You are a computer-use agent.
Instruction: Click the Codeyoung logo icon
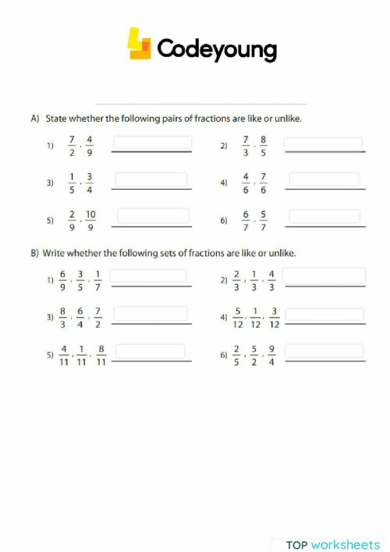pyautogui.click(x=140, y=45)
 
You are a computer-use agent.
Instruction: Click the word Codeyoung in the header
pyautogui.click(x=217, y=49)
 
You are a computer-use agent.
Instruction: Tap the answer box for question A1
pyautogui.click(x=153, y=144)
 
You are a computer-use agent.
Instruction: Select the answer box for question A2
pyautogui.click(x=323, y=144)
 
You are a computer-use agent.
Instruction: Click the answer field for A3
pyautogui.click(x=153, y=180)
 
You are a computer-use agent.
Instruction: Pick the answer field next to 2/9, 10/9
pyautogui.click(x=153, y=215)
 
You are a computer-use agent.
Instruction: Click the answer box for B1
pyautogui.click(x=149, y=276)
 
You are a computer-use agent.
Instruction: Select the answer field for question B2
pyautogui.click(x=324, y=276)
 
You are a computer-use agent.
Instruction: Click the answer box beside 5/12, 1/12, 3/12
pyautogui.click(x=324, y=314)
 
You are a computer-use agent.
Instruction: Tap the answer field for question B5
pyautogui.click(x=149, y=351)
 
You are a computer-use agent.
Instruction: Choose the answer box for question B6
pyautogui.click(x=324, y=351)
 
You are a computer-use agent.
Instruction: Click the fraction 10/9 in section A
pyautogui.click(x=91, y=221)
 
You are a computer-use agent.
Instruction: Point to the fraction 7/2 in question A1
pyautogui.click(x=72, y=147)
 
